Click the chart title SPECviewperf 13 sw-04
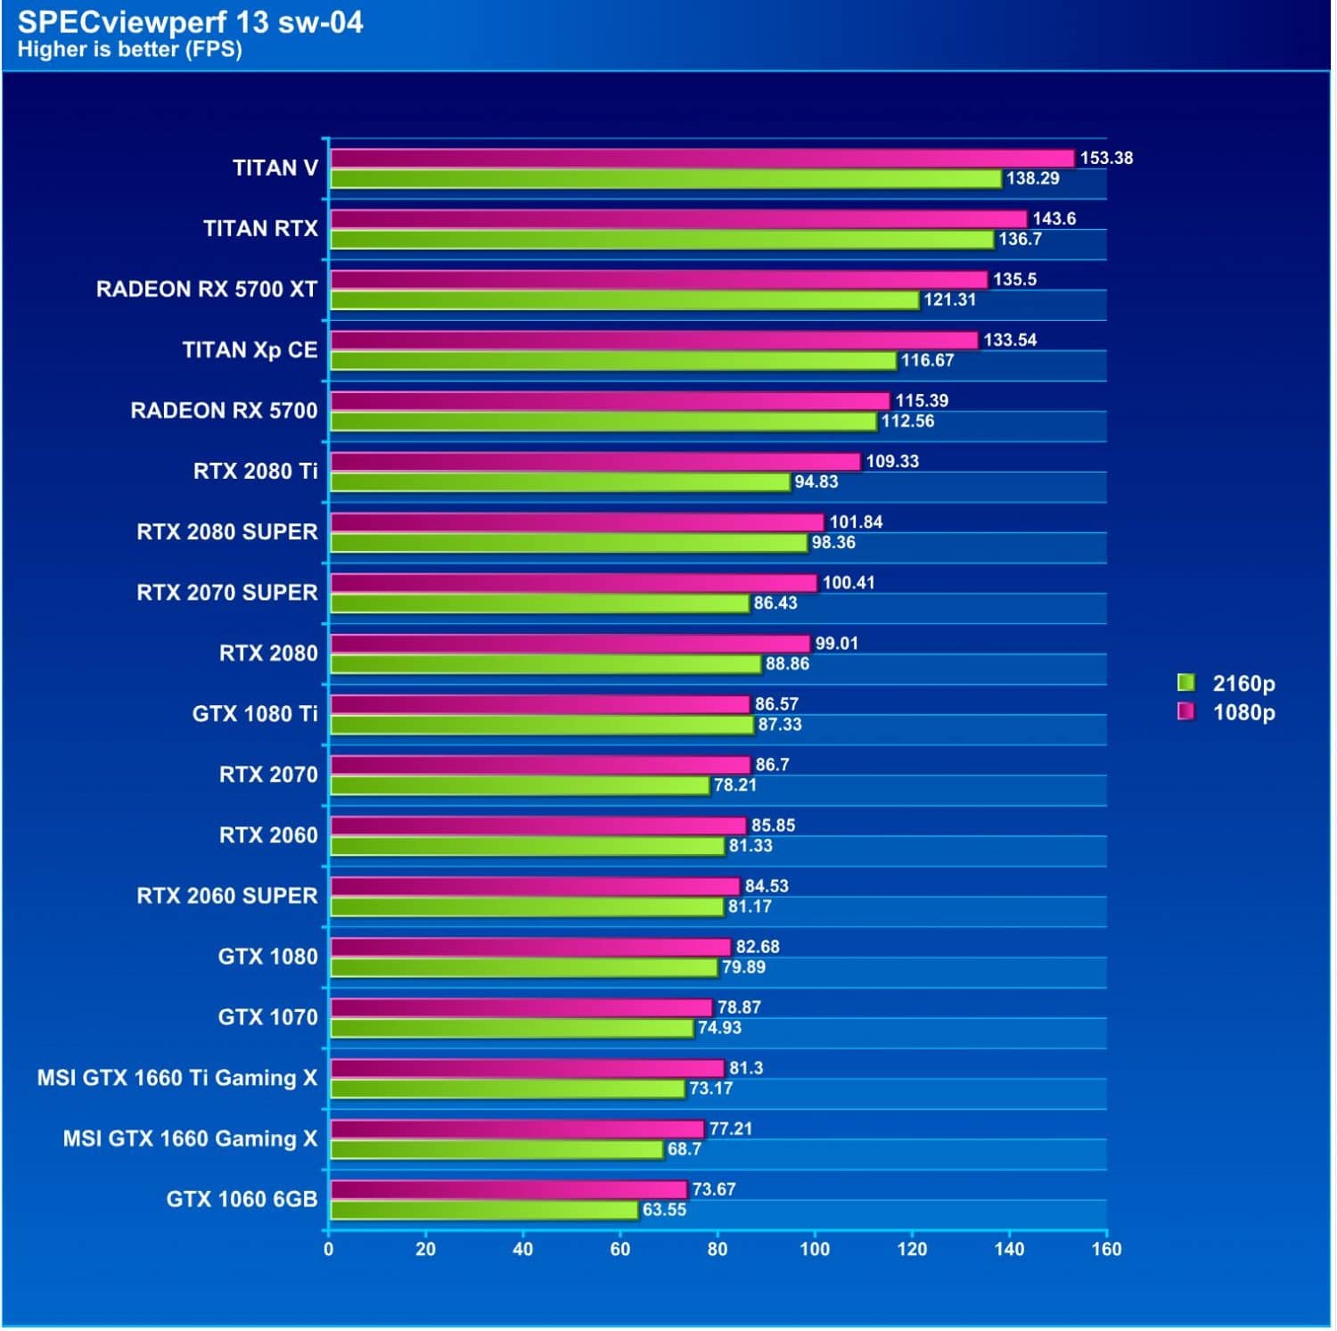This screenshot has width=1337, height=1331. tap(190, 22)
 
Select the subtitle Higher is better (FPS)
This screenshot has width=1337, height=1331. tap(129, 50)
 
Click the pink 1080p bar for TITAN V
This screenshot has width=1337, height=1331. tap(701, 159)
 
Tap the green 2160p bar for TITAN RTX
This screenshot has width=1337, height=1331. tap(661, 240)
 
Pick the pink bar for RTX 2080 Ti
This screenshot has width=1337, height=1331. tap(595, 462)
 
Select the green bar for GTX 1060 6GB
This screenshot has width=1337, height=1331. tap(484, 1211)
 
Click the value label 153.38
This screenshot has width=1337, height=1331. tap(1106, 159)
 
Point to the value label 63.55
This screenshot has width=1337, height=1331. tap(664, 1211)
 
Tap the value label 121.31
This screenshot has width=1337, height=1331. tap(949, 300)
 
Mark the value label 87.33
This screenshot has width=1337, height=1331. tap(780, 725)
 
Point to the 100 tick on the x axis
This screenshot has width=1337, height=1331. tap(815, 1250)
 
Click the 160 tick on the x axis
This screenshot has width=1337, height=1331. tap(1106, 1250)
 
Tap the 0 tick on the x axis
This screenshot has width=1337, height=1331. tap(329, 1250)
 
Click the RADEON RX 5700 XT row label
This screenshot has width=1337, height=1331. tap(207, 290)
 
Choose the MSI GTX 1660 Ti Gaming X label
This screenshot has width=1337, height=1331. tap(177, 1079)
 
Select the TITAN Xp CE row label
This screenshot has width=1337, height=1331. tap(250, 350)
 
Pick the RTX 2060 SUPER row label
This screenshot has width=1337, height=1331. tap(227, 896)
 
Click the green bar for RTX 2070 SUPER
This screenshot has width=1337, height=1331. tap(539, 604)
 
